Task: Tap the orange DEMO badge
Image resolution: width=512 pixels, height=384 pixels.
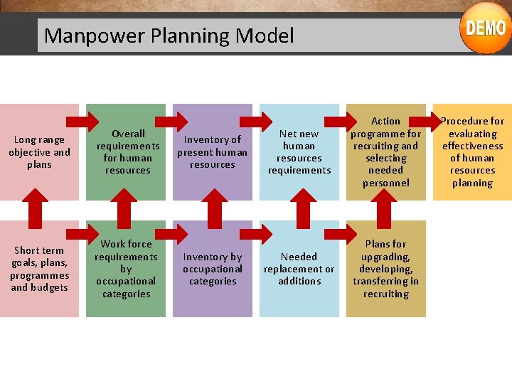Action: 486,28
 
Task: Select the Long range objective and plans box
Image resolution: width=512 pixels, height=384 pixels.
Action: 39,152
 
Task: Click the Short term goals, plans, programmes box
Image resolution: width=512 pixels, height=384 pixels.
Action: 39,269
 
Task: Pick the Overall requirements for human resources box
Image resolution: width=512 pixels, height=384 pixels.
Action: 127,152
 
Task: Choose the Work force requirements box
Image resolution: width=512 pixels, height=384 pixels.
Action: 126,269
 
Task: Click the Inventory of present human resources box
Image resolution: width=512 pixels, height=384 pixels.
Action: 213,152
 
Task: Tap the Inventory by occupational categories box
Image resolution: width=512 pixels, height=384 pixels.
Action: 213,269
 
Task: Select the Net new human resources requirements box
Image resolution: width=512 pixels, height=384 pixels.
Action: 299,152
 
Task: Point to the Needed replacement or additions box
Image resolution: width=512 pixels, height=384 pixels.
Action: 299,269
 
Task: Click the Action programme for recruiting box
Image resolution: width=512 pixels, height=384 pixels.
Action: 386,152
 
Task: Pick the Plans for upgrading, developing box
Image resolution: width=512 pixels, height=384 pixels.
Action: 386,269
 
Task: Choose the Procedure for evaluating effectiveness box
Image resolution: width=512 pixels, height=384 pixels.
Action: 472,152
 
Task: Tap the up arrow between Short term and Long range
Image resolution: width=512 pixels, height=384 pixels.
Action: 39,210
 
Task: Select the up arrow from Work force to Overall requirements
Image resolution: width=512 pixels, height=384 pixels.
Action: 126,210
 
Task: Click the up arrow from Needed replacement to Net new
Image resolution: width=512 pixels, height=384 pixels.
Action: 299,210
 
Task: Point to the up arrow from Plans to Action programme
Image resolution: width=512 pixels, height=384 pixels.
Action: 386,210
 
